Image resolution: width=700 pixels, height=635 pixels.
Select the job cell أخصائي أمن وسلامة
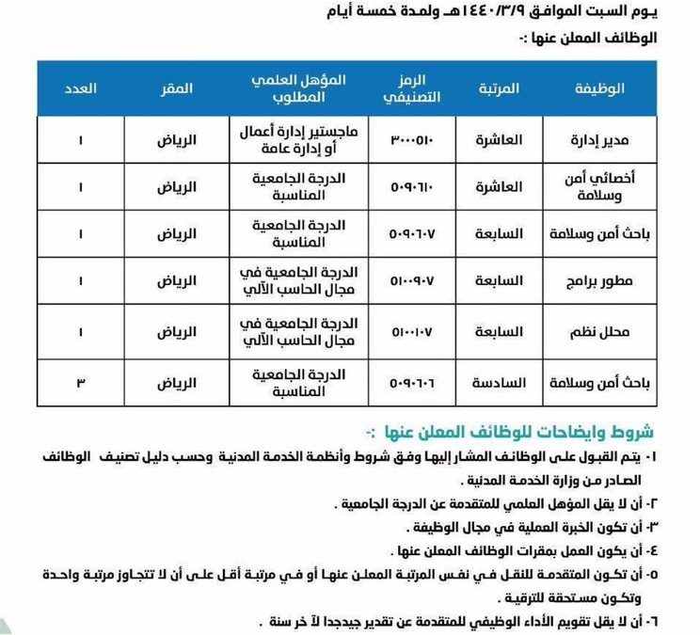[x=618, y=187]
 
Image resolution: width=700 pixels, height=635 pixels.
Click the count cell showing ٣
[x=81, y=383]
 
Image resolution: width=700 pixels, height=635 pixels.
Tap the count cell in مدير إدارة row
[x=81, y=140]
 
